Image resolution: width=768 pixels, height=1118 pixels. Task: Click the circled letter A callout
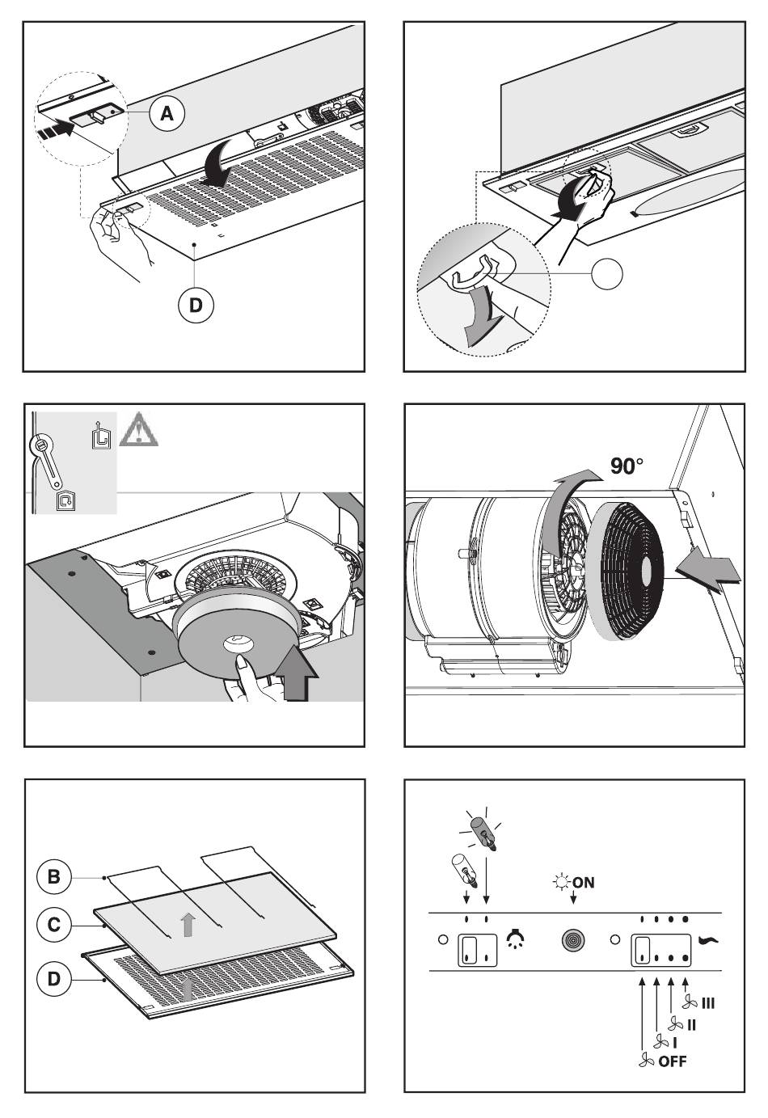[x=166, y=114]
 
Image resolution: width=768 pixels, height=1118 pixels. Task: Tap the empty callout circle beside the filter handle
[x=606, y=275]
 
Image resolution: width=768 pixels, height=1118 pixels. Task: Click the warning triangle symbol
[x=138, y=430]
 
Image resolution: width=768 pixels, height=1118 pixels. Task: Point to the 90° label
[x=627, y=467]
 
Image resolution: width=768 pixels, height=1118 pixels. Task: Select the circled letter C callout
[x=54, y=924]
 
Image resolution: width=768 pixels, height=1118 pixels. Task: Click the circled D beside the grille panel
[x=54, y=979]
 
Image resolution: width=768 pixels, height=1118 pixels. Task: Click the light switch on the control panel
[x=478, y=950]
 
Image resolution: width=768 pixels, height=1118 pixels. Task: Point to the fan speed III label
[x=707, y=1002]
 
